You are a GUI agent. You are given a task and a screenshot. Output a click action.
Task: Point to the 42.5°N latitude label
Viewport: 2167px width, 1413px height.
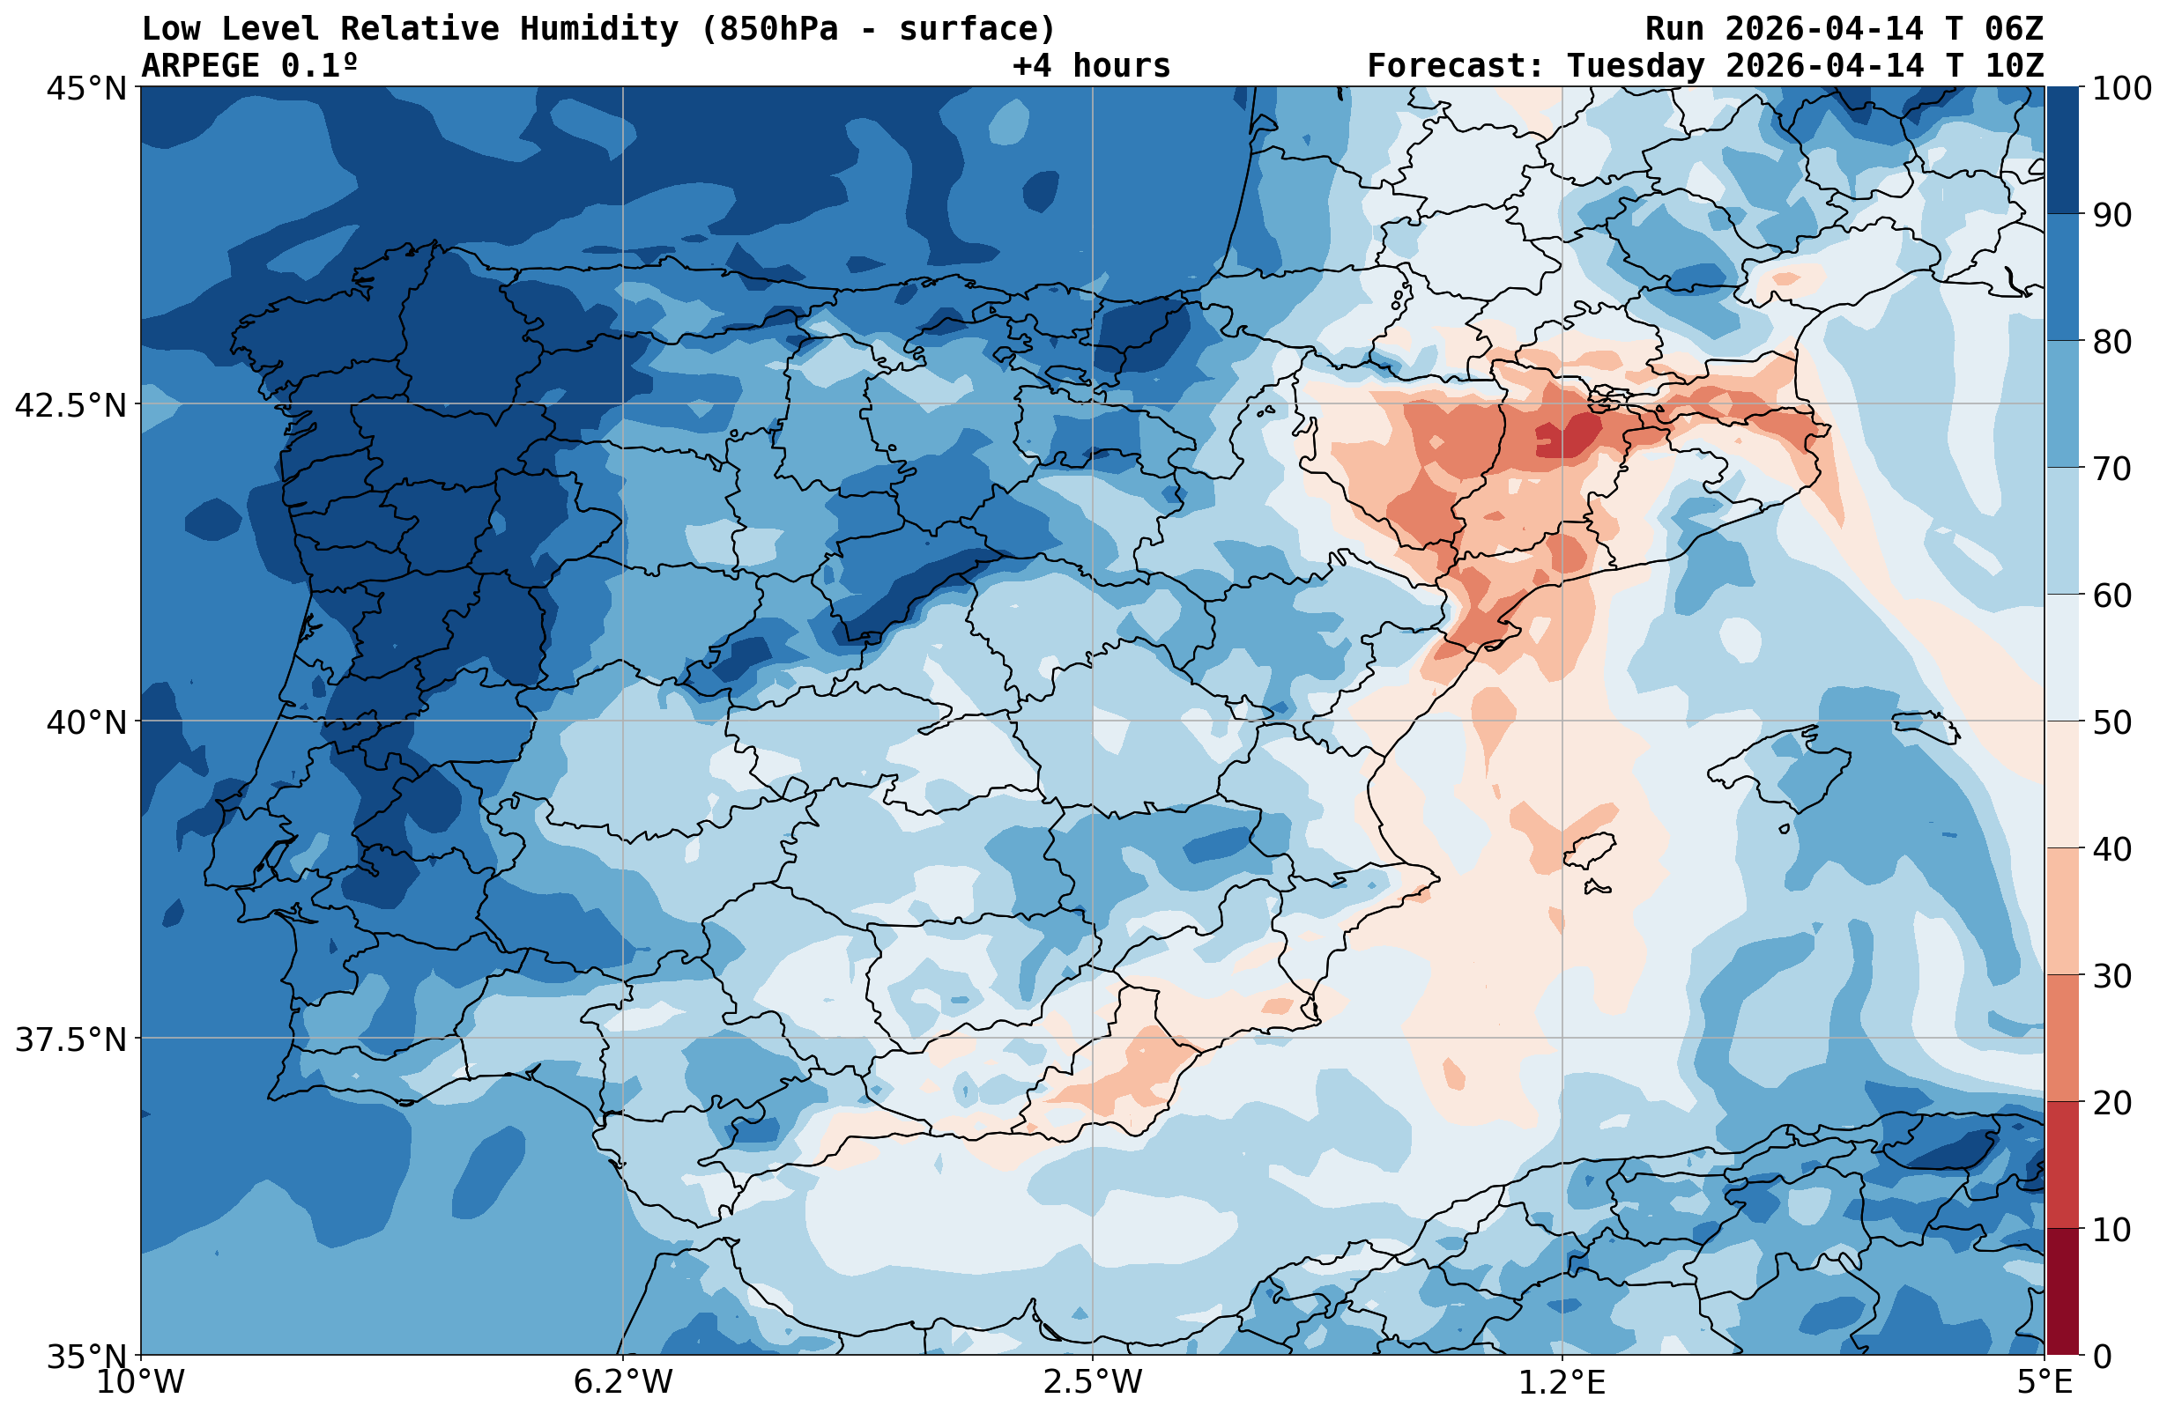coord(71,405)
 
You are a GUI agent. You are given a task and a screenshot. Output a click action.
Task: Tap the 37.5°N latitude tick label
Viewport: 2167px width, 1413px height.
coord(71,1039)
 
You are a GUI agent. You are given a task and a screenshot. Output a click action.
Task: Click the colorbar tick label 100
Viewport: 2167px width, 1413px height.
coord(2121,89)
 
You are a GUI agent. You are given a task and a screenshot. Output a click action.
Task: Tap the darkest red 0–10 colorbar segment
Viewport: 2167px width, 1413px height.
coord(2062,1291)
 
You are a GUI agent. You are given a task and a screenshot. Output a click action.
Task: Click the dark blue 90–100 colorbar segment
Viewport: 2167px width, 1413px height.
coord(2062,151)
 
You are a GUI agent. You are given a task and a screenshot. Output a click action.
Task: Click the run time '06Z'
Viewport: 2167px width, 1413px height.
coord(2013,29)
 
